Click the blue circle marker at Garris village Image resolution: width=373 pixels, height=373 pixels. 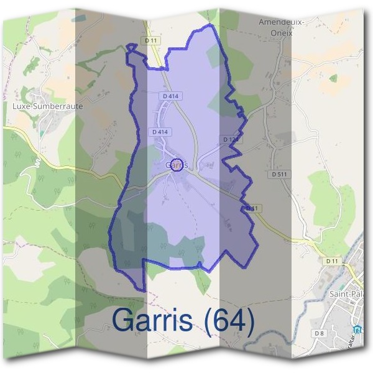[177, 165]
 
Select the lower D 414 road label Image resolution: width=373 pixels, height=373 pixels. [160, 132]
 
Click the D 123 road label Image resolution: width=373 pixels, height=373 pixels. [231, 140]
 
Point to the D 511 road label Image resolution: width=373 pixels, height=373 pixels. [279, 175]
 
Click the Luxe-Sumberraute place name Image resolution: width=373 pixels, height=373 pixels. [48, 106]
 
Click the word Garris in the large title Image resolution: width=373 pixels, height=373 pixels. [157, 320]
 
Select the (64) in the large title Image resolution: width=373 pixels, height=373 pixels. [229, 320]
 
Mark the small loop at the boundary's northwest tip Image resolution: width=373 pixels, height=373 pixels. [131, 47]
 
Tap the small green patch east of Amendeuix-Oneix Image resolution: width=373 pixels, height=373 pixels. [333, 78]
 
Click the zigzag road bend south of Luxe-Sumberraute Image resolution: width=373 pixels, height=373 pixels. [37, 162]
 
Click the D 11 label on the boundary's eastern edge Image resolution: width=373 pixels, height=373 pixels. [251, 208]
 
